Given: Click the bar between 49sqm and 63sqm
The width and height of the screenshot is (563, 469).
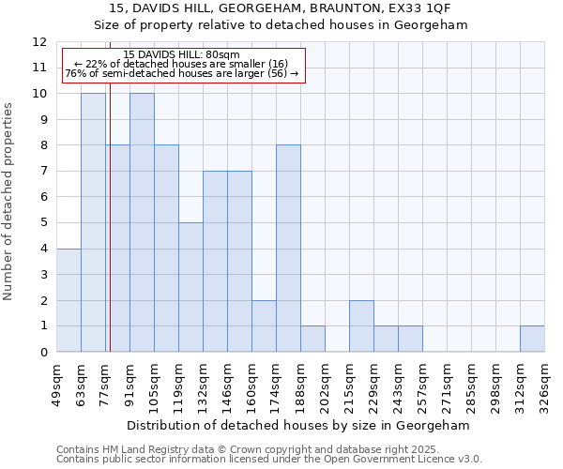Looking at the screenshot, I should click(x=68, y=300).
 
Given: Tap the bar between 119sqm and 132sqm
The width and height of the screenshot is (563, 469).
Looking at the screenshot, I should click(x=190, y=287).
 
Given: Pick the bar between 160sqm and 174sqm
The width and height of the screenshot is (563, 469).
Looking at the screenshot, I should click(x=264, y=326).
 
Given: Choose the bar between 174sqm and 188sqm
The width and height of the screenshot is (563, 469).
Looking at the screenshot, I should click(x=288, y=249).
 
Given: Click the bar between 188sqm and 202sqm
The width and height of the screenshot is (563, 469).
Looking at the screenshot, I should click(x=312, y=339).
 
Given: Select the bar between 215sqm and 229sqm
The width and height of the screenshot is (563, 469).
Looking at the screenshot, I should click(x=361, y=326).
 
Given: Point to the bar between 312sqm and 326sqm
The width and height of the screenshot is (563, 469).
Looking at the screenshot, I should click(x=532, y=339).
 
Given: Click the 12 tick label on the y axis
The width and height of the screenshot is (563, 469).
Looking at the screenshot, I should click(x=39, y=42).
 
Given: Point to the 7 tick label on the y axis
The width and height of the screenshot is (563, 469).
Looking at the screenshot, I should click(x=43, y=172).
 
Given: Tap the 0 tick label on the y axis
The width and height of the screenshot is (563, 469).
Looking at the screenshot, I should click(x=43, y=353).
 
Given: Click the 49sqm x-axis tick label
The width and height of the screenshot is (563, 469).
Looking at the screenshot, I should click(x=56, y=383).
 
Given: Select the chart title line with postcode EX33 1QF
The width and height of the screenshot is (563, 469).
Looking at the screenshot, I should click(x=281, y=9).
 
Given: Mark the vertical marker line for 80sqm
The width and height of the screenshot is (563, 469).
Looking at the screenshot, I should click(x=110, y=234).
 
